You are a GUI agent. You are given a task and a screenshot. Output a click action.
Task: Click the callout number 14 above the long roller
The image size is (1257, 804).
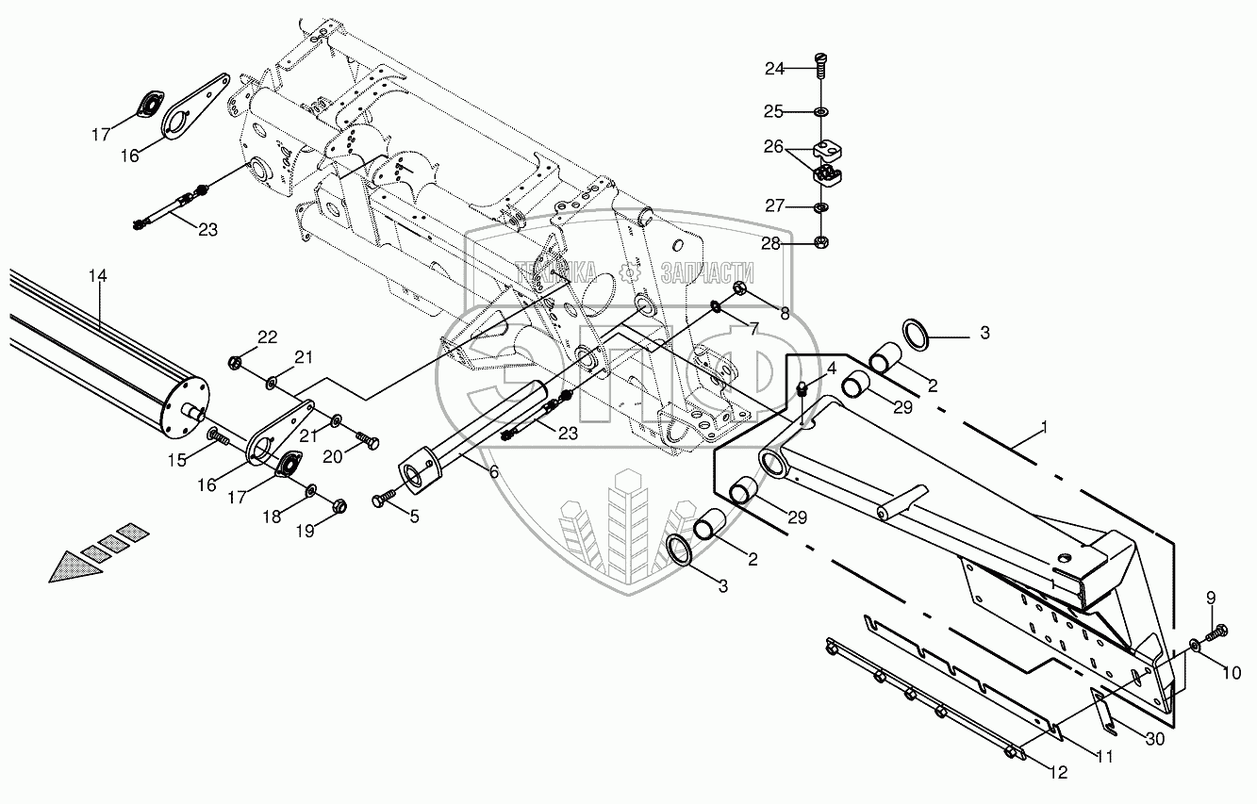click(x=98, y=276)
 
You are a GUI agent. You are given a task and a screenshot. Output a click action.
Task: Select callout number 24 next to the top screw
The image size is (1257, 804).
click(x=774, y=69)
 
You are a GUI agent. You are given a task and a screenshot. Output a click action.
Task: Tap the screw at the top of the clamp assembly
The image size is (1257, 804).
click(x=821, y=67)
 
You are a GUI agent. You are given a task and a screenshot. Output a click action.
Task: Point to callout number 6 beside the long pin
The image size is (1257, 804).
click(x=493, y=472)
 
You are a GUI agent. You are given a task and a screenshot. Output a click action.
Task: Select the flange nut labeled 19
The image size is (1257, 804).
click(x=339, y=507)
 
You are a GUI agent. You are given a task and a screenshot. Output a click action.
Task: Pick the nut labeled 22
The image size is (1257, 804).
click(x=235, y=363)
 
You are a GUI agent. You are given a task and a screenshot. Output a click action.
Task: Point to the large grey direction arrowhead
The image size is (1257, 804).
click(x=74, y=566)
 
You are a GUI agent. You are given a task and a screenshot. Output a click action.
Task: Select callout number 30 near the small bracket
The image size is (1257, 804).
click(x=1155, y=739)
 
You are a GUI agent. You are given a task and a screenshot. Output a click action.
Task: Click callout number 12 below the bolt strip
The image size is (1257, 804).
click(x=1058, y=773)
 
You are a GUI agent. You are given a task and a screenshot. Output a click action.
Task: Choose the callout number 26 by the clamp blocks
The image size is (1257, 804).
click(x=773, y=147)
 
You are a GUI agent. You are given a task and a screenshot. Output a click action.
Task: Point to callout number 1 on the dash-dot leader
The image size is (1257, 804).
click(x=1044, y=428)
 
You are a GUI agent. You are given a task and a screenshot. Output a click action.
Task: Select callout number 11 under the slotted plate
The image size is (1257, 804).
click(x=1104, y=757)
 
